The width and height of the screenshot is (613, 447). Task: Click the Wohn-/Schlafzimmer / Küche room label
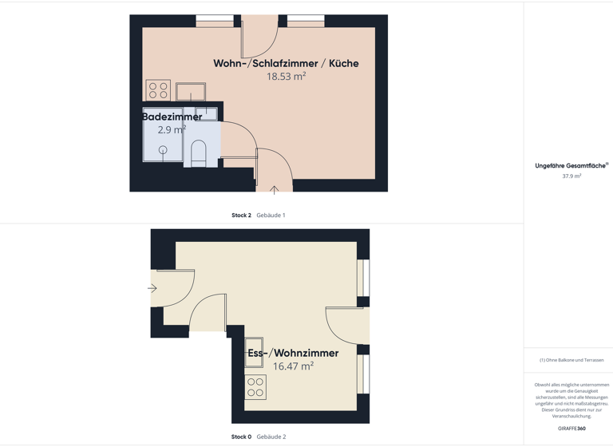(x=286, y=63)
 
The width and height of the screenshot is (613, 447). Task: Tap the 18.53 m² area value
(x=286, y=77)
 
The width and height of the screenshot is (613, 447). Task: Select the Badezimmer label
(x=172, y=117)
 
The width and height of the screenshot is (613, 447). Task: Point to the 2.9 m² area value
(x=172, y=129)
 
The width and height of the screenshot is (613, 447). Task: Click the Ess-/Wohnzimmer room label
(x=293, y=353)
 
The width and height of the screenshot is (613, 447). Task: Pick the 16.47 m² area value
(x=293, y=366)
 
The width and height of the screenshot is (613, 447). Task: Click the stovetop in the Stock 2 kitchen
(x=158, y=90)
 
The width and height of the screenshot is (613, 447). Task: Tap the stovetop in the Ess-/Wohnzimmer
(x=255, y=387)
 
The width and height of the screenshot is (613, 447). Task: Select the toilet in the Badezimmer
(x=199, y=152)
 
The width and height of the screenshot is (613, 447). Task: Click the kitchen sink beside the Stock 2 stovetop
(x=191, y=92)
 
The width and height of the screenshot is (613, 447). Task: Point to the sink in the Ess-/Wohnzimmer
(x=254, y=353)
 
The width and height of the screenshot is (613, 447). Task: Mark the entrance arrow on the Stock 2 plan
(x=274, y=190)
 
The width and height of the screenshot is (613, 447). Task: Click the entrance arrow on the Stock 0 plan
(x=152, y=288)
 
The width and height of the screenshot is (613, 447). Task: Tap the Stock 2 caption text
(x=241, y=215)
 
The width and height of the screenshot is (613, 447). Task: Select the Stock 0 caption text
(x=241, y=437)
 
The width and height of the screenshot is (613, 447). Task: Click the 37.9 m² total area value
(x=571, y=176)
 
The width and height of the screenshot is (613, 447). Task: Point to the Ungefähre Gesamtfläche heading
(x=570, y=166)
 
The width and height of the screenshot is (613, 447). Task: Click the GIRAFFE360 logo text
(x=571, y=429)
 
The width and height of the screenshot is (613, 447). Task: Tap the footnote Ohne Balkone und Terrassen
(x=571, y=360)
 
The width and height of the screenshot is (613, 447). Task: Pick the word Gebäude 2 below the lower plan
(x=271, y=437)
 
